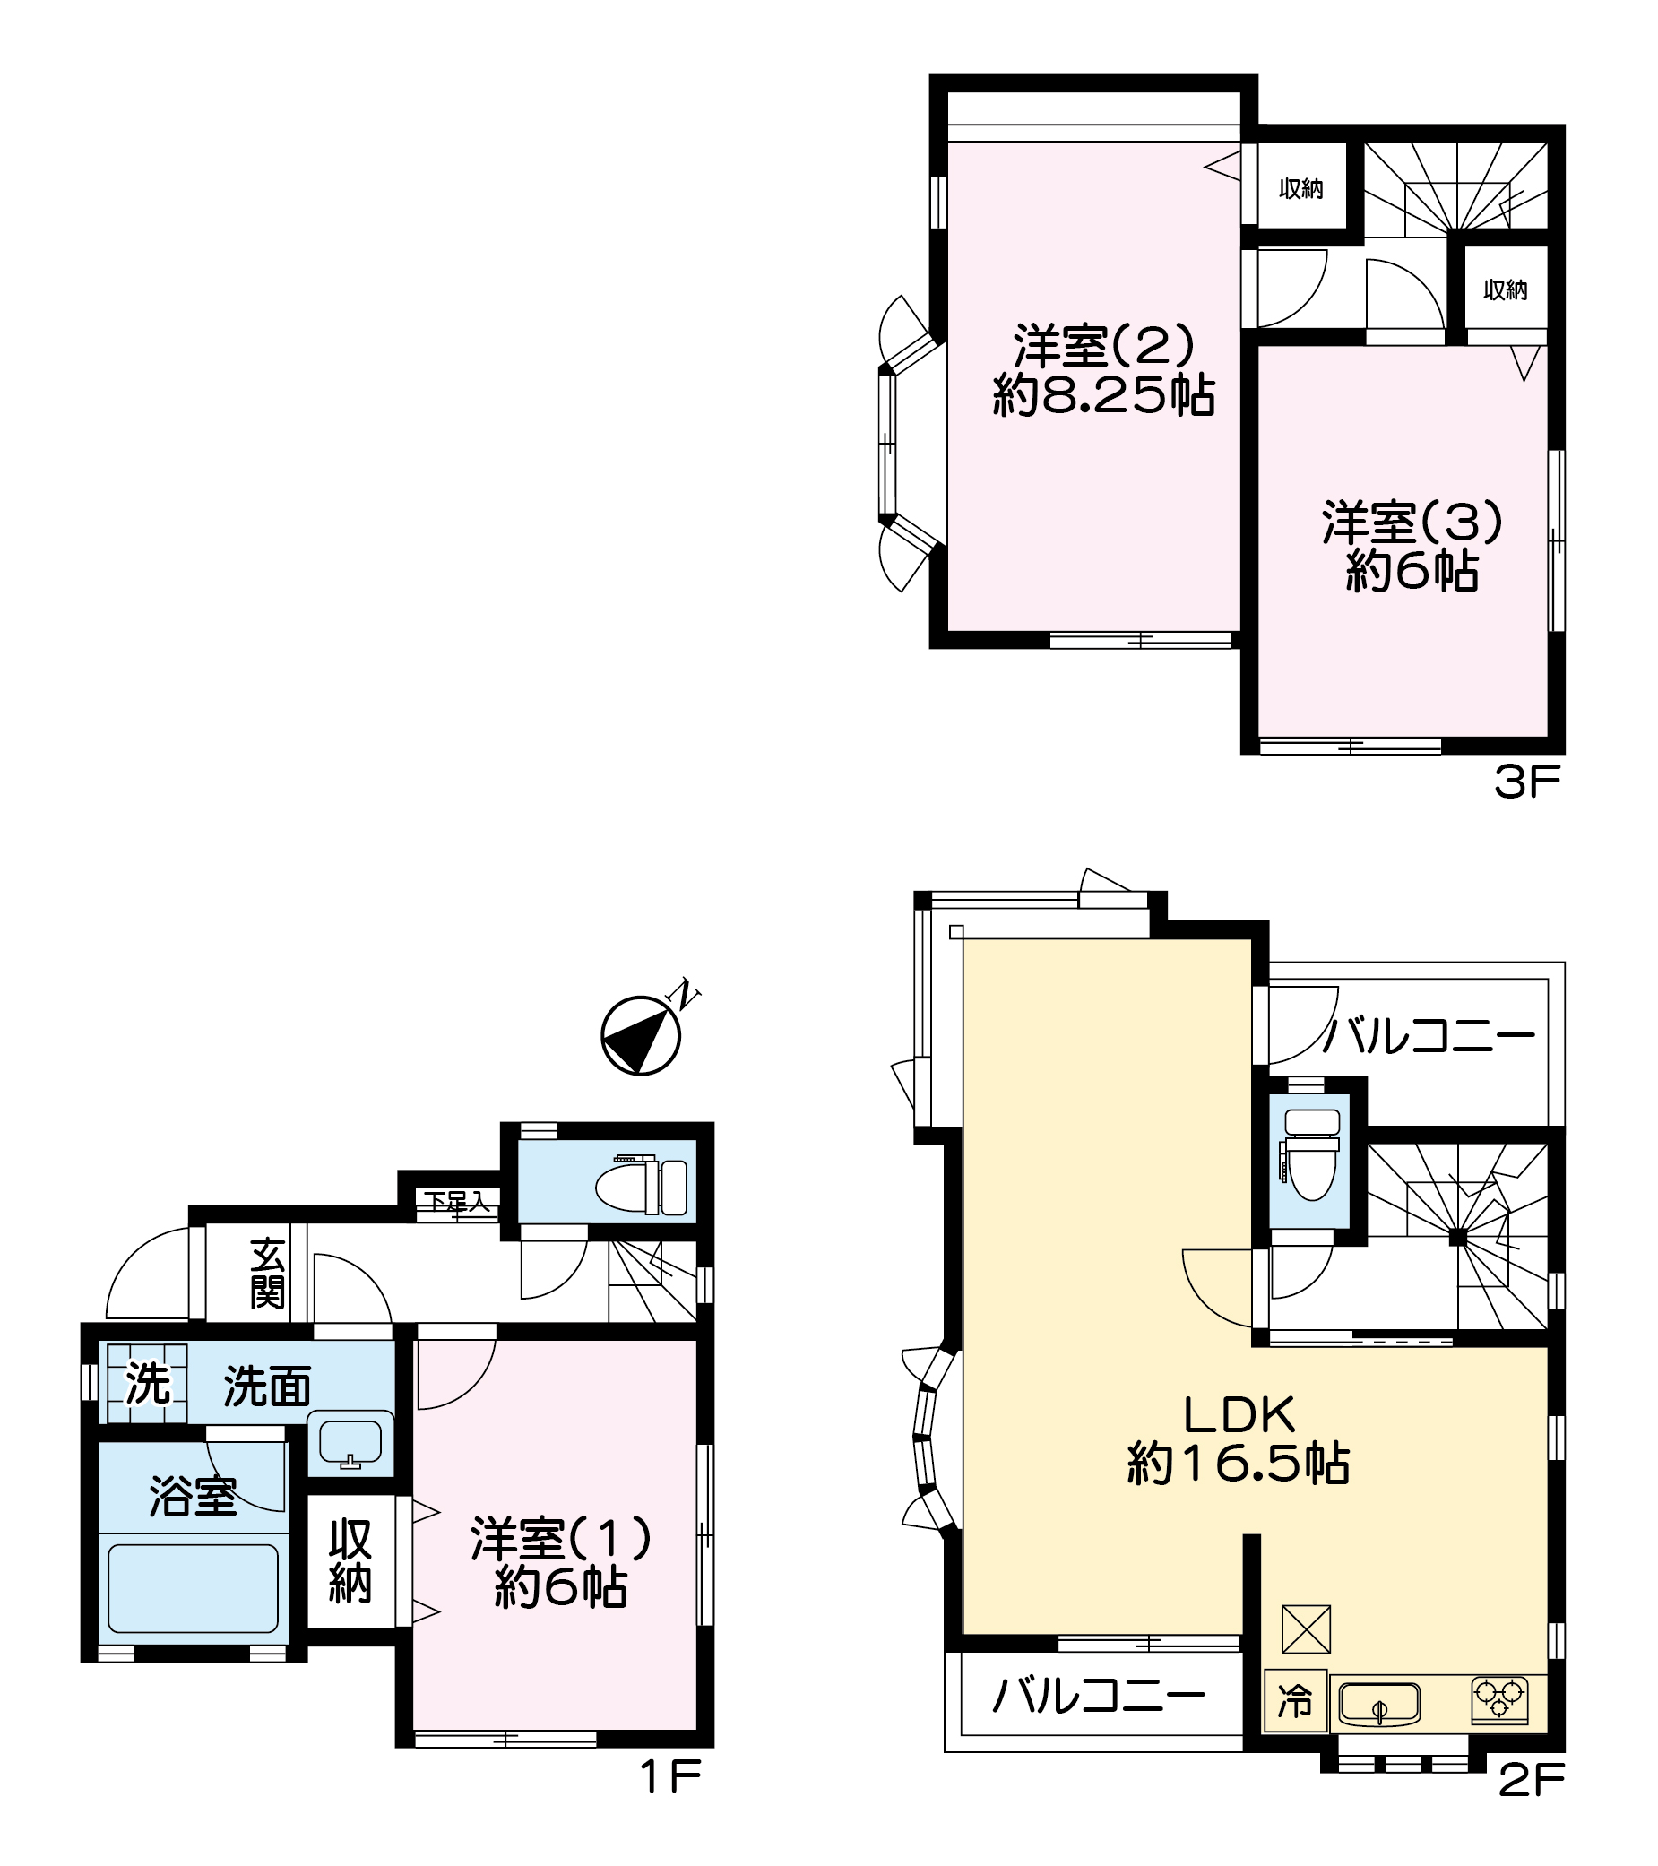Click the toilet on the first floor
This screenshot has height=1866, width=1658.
tap(642, 1187)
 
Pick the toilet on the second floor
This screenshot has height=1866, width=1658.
tap(1310, 1153)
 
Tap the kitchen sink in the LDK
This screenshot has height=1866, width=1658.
tap(1378, 1704)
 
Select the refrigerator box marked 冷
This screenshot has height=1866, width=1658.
tap(1295, 1702)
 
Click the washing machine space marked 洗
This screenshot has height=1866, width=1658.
tap(147, 1384)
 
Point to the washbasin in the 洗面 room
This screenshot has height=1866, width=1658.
tap(350, 1443)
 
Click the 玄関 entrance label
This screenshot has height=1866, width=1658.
tap(267, 1274)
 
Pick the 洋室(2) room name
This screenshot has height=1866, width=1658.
tap(1103, 345)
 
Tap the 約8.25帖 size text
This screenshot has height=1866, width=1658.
tap(1103, 395)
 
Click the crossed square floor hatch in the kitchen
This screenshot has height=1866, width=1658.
tap(1307, 1629)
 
